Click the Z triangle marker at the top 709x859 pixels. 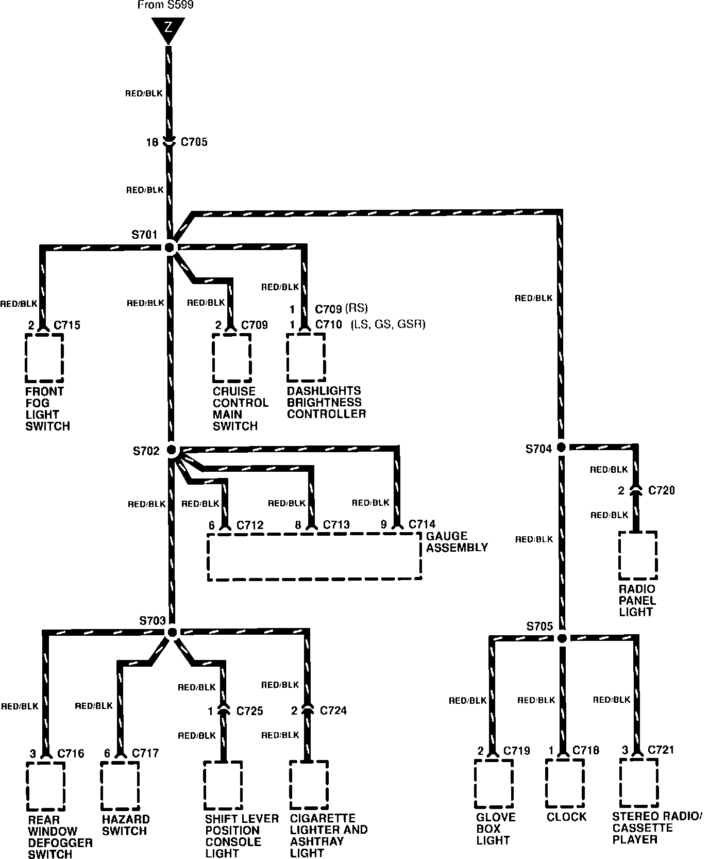tap(168, 29)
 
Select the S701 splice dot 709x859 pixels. tap(171, 247)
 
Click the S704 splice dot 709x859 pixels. tap(561, 447)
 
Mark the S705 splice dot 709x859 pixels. tap(562, 638)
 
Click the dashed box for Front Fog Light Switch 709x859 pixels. tap(44, 357)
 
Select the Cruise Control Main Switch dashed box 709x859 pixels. tap(232, 357)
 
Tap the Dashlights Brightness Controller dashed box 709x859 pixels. tap(306, 357)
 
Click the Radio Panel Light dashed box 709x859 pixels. tap(638, 555)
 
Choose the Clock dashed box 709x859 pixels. tap(565, 783)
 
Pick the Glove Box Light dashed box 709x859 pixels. tap(494, 783)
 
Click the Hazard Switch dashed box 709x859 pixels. tap(120, 785)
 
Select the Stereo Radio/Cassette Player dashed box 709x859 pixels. tap(639, 783)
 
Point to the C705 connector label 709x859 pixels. tap(194, 142)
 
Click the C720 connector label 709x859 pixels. tap(661, 490)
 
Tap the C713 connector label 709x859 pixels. tap(336, 525)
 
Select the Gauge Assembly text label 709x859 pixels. tap(457, 541)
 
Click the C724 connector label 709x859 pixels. tap(333, 711)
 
